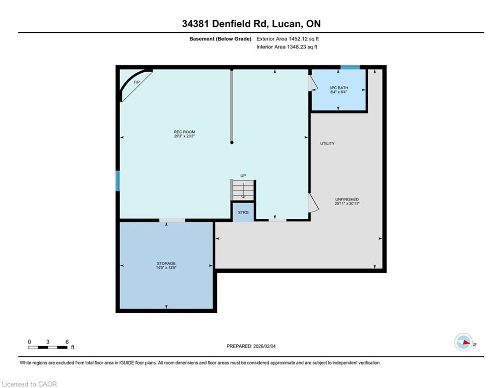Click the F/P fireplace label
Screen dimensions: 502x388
pyautogui.click(x=137, y=82)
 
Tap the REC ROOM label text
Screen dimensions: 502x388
pyautogui.click(x=185, y=132)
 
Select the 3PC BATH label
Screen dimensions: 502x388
pyautogui.click(x=339, y=87)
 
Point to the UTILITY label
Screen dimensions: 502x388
pyautogui.click(x=327, y=143)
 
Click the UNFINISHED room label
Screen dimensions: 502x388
pyautogui.click(x=347, y=199)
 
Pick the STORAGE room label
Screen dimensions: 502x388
pyautogui.click(x=166, y=263)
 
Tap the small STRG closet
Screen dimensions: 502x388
pyautogui.click(x=243, y=212)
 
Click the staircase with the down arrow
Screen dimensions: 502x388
pyautogui.click(x=243, y=190)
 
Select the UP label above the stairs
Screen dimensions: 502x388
pyautogui.click(x=243, y=176)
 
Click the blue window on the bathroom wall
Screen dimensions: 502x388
pyautogui.click(x=350, y=67)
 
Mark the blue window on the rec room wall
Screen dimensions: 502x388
pyautogui.click(x=118, y=181)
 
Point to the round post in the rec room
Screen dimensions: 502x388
pyautogui.click(x=232, y=142)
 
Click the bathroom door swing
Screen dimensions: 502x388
pyautogui.click(x=313, y=83)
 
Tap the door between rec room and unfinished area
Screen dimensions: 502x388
pyautogui.click(x=313, y=203)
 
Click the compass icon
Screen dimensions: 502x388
pyautogui.click(x=463, y=342)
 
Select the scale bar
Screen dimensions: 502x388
pyautogui.click(x=48, y=347)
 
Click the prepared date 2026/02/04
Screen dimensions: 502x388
pyautogui.click(x=264, y=346)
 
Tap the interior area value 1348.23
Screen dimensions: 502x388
pyautogui.click(x=297, y=47)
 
